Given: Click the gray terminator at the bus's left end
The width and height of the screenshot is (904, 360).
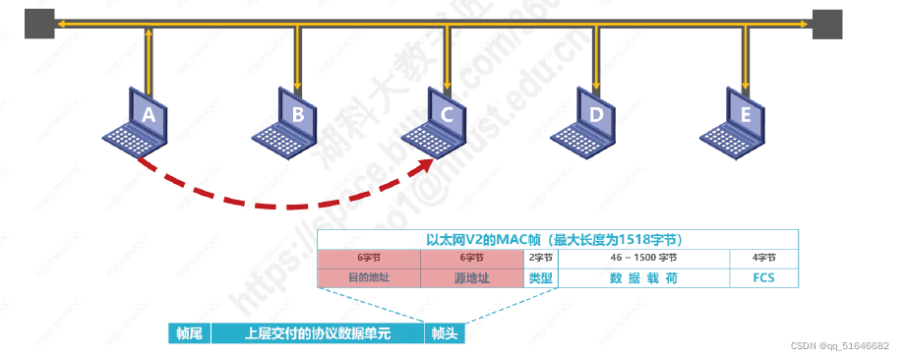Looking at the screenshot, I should coord(39,23).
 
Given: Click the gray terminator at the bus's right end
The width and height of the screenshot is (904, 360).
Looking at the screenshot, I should coord(827,23).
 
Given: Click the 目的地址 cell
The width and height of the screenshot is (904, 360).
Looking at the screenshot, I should coord(369,277).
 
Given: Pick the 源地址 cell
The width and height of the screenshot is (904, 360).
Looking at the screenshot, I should coord(473,277).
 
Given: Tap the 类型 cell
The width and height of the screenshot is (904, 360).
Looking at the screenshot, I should coord(541,277).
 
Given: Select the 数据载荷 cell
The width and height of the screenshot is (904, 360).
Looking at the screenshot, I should coord(643,277).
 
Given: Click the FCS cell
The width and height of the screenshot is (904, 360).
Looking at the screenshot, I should coord(762,277).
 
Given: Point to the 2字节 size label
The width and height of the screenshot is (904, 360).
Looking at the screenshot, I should coord(541,257).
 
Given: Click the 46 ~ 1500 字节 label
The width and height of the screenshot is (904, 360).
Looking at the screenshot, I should coord(643,257).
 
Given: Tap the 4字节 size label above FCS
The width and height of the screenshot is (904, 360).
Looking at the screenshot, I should coord(762,257).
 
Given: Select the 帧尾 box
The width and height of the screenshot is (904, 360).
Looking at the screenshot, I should coord(189,333).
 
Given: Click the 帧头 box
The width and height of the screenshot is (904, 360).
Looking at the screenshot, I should coord(444,333).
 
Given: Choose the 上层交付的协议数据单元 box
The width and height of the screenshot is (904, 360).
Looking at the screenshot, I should coord(317,333).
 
